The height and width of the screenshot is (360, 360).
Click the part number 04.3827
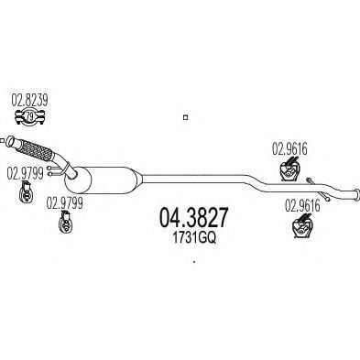(194, 216)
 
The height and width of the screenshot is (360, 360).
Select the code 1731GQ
(193, 235)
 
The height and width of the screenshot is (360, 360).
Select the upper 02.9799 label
(25, 172)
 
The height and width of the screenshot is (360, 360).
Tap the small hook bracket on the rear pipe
(313, 180)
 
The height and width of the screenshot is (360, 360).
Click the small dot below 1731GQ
(195, 260)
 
